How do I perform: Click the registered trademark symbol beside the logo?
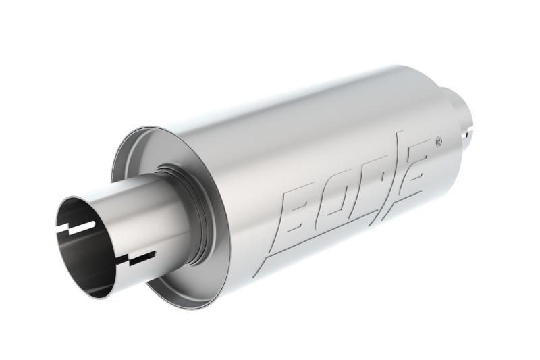pyautogui.click(x=439, y=141)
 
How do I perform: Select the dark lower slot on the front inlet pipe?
pyautogui.click(x=138, y=257)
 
